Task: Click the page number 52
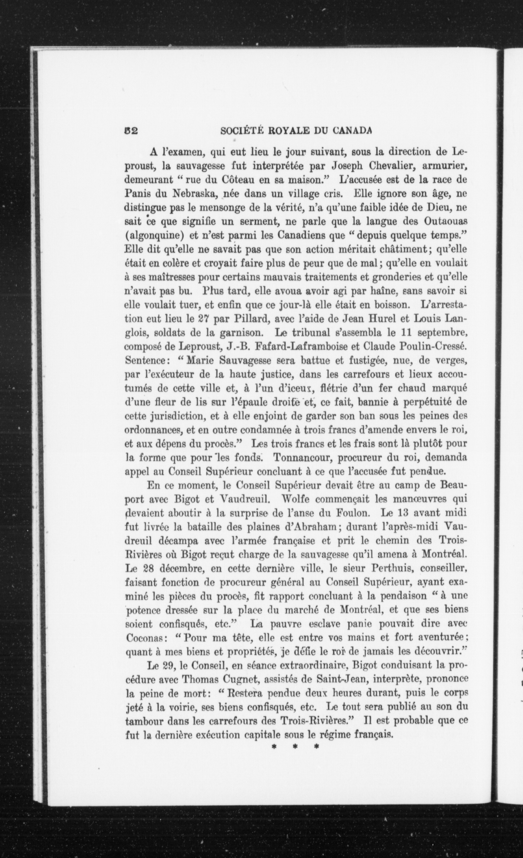point(132,131)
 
